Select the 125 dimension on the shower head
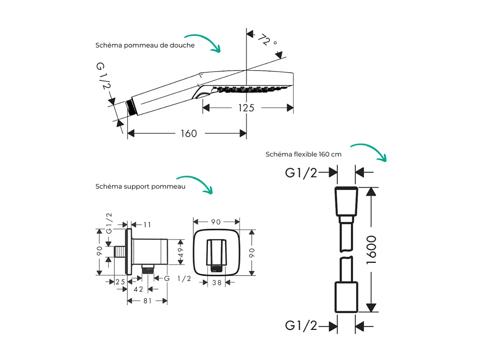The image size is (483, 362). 246,108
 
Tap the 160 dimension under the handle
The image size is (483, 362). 188,133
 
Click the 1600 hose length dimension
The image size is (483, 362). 371,249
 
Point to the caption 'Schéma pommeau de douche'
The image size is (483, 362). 145,46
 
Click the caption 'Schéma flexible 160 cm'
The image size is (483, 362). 303,154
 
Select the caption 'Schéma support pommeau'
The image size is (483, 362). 141,186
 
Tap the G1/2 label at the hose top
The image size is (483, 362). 301,173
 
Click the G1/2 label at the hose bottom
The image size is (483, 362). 301,325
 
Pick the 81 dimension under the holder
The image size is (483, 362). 147,301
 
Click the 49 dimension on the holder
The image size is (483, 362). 182,252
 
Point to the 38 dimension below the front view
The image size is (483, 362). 217,283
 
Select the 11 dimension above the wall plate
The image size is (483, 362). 147,224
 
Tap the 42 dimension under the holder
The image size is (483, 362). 139,289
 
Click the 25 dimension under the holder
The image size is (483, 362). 120,282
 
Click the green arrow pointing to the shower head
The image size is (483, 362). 201,42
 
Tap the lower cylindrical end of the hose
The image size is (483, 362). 346,298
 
